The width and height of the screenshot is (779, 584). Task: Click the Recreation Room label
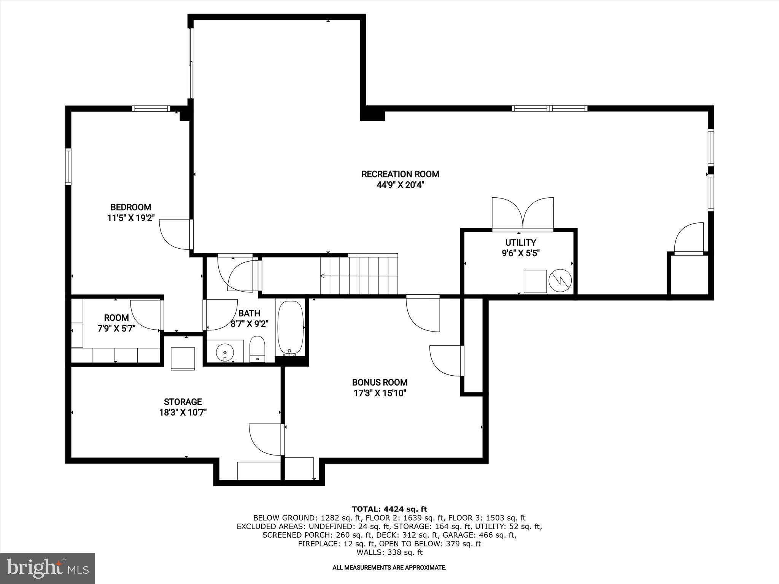400,174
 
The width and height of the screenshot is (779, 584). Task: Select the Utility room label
520,243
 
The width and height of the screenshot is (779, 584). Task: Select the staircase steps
359,275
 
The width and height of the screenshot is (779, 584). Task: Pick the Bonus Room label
380,382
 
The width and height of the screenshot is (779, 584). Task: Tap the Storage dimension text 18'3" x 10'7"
183,413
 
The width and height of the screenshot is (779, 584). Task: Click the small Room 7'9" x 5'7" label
116,318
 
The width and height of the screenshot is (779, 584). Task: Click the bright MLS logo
48,568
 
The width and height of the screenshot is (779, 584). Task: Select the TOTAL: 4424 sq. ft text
389,509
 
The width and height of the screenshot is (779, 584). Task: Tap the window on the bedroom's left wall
68,166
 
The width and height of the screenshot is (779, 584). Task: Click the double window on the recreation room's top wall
549,108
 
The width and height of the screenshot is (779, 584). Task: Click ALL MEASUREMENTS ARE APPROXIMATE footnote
389,568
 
